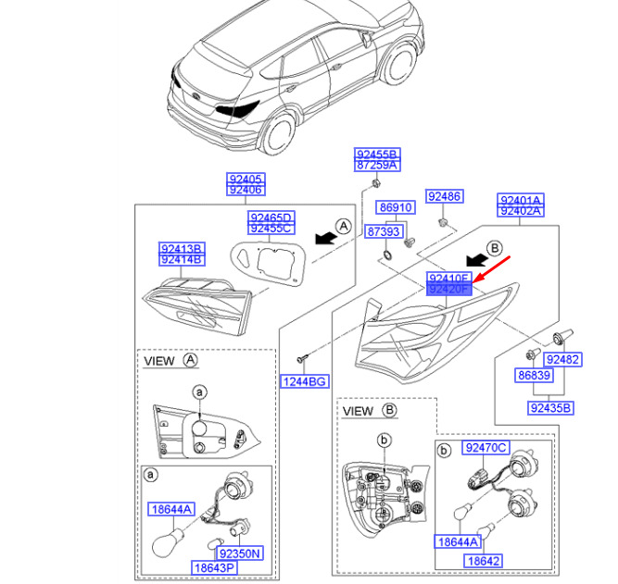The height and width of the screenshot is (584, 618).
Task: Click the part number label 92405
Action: [246, 179]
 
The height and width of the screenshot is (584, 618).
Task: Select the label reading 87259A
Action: [377, 165]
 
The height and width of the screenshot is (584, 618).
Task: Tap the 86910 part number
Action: [394, 208]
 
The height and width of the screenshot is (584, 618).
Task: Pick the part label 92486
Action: [443, 196]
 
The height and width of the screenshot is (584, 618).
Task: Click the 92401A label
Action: [521, 200]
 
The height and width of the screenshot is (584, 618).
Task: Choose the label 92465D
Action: [271, 217]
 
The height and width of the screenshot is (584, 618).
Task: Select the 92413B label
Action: [182, 249]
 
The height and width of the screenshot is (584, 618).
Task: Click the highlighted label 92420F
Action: [449, 289]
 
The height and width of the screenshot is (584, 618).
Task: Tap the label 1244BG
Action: [305, 380]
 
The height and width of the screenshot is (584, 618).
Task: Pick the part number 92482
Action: [562, 359]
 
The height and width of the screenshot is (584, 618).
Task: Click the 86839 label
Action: [535, 376]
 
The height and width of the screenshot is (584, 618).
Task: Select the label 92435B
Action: [551, 407]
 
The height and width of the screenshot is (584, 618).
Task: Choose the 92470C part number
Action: [486, 448]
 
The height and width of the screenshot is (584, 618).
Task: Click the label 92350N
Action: [239, 553]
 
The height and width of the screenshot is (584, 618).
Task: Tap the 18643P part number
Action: [214, 567]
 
